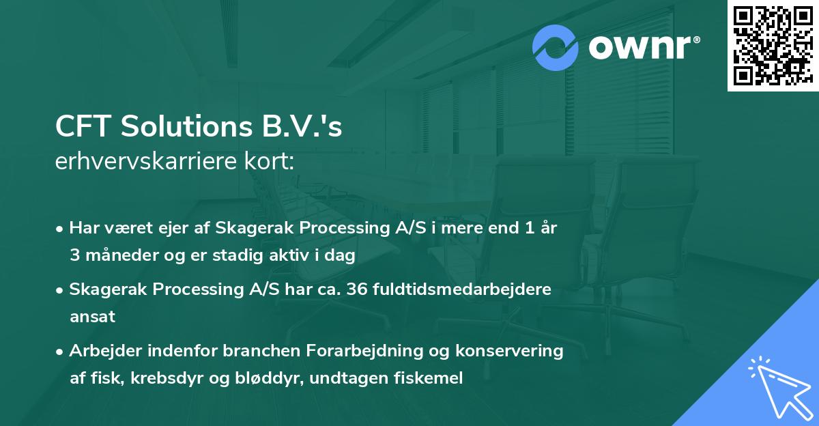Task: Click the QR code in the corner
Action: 773,46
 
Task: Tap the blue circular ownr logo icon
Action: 556,47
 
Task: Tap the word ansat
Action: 92,316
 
